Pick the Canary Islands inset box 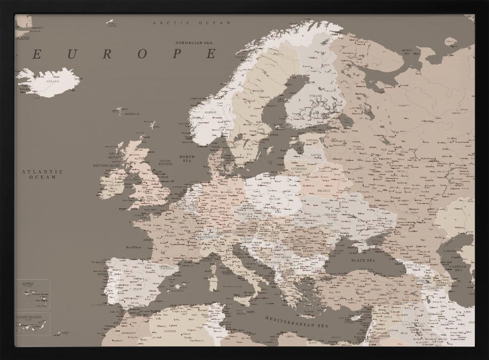click(32, 324)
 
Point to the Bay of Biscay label click(134, 247)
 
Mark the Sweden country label click(259, 90)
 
